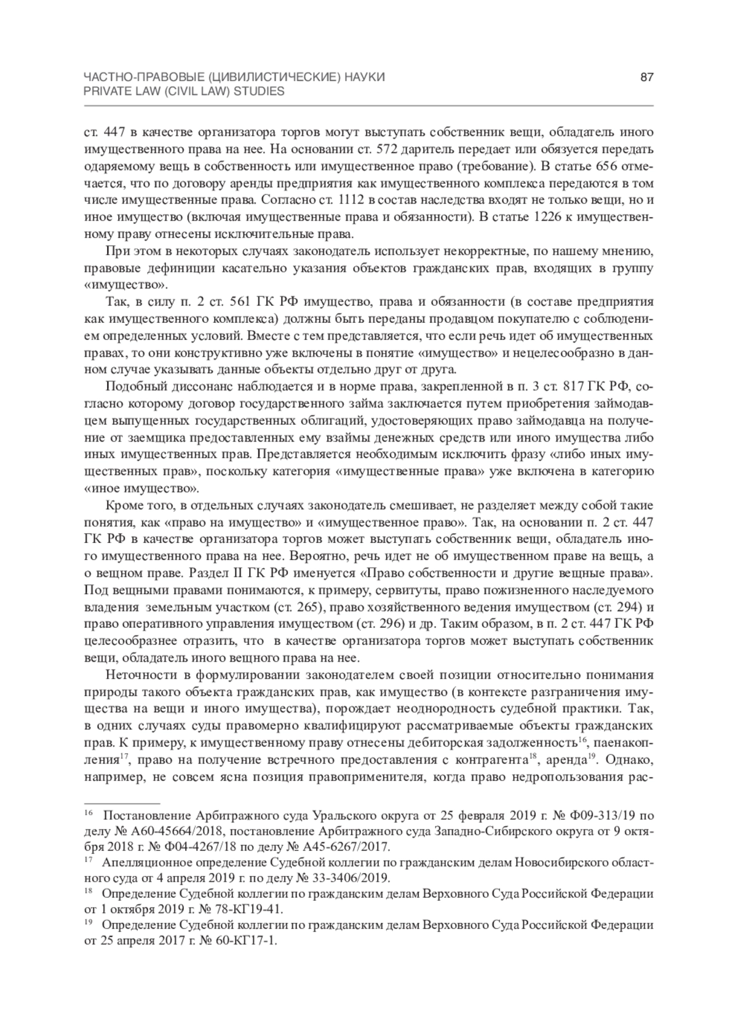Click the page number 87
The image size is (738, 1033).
tap(646, 77)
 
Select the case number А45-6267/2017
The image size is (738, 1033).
tap(355, 845)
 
